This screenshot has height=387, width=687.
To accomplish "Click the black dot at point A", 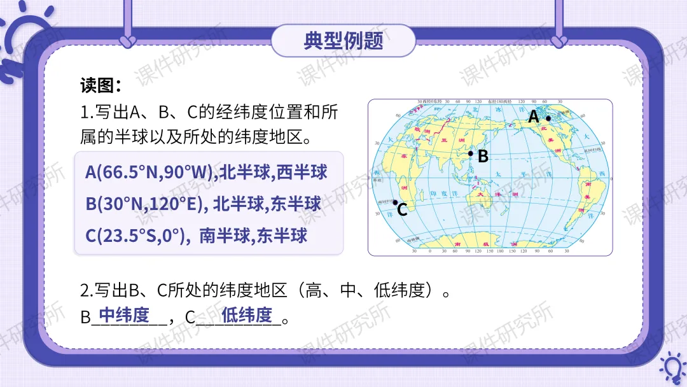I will [x=548, y=118].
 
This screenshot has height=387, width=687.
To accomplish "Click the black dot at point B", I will [x=471, y=153].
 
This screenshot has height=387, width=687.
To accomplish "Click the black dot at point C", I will [x=395, y=202].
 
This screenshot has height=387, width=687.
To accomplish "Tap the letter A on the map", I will [x=534, y=118].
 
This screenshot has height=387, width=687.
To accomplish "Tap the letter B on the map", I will [x=483, y=157].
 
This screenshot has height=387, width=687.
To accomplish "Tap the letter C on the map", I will [x=402, y=210].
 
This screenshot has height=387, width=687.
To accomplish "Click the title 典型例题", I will [x=343, y=41].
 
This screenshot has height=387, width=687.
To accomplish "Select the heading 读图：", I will [x=101, y=85].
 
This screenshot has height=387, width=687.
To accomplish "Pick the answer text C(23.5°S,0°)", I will [x=138, y=236].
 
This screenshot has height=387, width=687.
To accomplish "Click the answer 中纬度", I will [x=124, y=314].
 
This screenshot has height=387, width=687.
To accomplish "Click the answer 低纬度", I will [x=247, y=314].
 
